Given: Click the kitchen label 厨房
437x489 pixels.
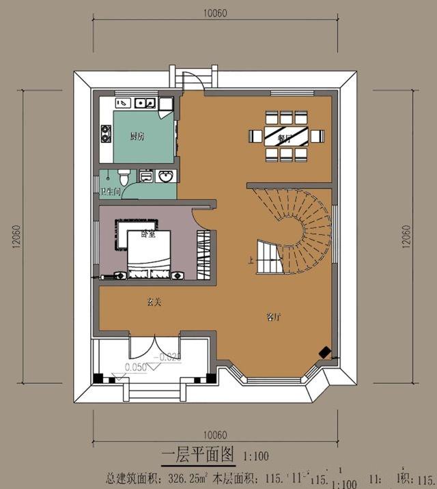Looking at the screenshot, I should coord(137,137).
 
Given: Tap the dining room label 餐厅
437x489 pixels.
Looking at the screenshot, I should coord(285,137).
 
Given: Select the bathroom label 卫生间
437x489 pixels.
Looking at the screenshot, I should coord(111,192).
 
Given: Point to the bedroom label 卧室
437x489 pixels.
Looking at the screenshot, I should coord(147,234).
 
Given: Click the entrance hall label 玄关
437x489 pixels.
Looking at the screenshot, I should coord(152,301).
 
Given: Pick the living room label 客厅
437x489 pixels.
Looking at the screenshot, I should coord(274,317).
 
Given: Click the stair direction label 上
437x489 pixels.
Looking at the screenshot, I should coord(252,260).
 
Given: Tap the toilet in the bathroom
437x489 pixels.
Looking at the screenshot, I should coord(122,175).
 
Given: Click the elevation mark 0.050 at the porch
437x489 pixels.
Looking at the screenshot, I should coord(137,367).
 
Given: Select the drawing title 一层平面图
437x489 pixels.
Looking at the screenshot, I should coord(197,453).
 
